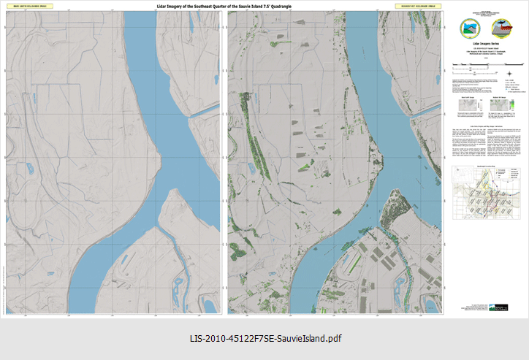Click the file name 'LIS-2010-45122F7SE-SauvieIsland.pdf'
tap(264, 338)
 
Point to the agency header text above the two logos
tap(484, 13)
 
